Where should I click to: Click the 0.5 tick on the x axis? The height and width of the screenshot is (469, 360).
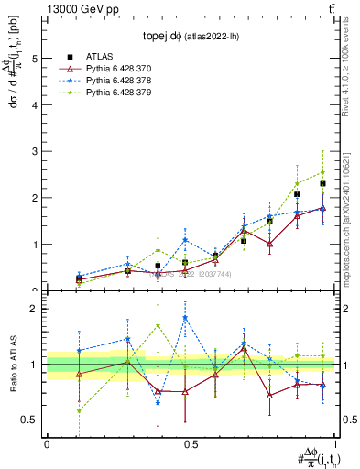[191, 444]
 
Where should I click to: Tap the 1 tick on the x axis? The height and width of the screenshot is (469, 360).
[334, 444]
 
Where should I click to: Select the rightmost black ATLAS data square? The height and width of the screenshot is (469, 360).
[322, 184]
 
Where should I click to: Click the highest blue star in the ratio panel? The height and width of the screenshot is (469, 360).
[185, 318]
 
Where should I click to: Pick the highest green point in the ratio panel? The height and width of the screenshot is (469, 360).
[158, 325]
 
